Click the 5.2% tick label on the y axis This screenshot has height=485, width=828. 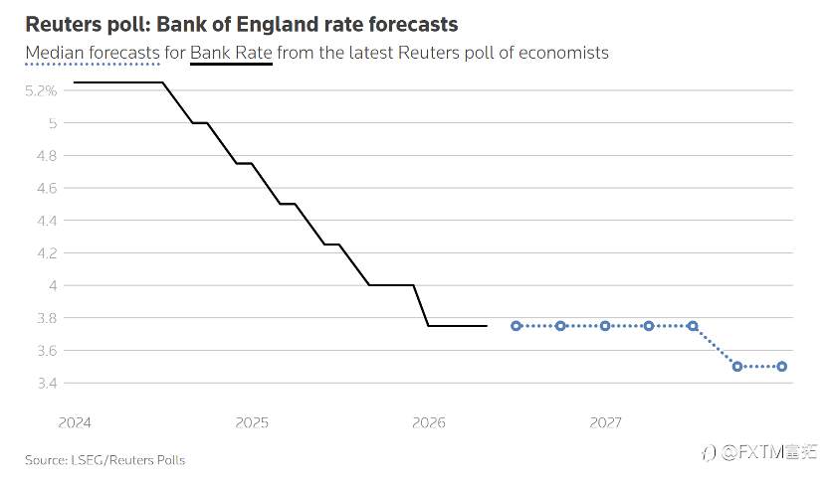pyautogui.click(x=41, y=90)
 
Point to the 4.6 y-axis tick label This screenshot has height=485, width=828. pyautogui.click(x=47, y=188)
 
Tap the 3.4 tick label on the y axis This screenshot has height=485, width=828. pyautogui.click(x=47, y=383)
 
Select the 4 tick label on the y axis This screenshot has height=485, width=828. pyautogui.click(x=53, y=285)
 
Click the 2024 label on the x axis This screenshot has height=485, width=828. pyautogui.click(x=75, y=422)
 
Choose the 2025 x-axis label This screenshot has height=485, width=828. pyautogui.click(x=252, y=422)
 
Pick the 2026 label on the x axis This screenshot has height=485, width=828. pyautogui.click(x=429, y=422)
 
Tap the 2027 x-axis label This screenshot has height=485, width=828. pyautogui.click(x=606, y=422)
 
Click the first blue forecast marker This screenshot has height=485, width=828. pyautogui.click(x=517, y=326)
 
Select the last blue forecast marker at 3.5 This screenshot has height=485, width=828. pyautogui.click(x=782, y=367)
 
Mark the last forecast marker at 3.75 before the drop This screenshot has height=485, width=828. pyautogui.click(x=694, y=326)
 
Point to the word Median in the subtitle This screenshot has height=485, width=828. pyautogui.click(x=55, y=53)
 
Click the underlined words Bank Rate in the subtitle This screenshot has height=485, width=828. pyautogui.click(x=231, y=53)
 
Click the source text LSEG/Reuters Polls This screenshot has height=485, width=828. pyautogui.click(x=128, y=460)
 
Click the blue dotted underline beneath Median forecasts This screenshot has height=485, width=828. pyautogui.click(x=93, y=65)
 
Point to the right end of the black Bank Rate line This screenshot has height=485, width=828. pyautogui.click(x=487, y=326)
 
